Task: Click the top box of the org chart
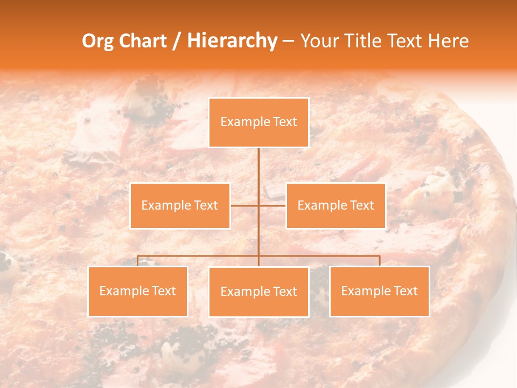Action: (258, 122)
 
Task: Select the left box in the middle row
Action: (180, 205)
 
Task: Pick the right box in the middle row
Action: (336, 205)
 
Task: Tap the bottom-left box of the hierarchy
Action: (138, 291)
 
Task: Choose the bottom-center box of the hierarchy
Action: (258, 292)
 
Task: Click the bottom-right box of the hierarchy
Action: (379, 291)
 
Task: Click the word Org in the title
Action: (97, 41)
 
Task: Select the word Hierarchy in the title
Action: (232, 41)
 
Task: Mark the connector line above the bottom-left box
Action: (138, 261)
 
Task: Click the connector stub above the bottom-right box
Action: (380, 261)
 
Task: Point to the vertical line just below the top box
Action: (258, 162)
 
